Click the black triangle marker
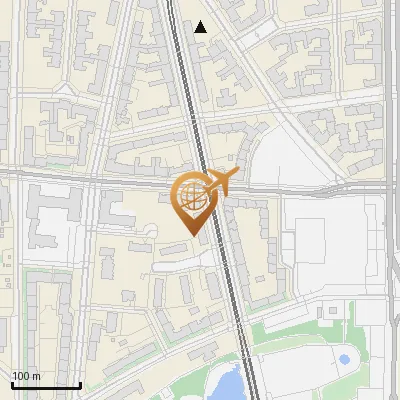[x=201, y=27]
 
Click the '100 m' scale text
[x=26, y=376]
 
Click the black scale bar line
[x=45, y=385]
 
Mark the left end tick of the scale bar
[x=11, y=383]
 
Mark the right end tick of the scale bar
[x=80, y=383]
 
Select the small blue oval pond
[x=344, y=359]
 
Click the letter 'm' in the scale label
[x=37, y=377]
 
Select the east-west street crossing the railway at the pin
[x=100, y=181]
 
